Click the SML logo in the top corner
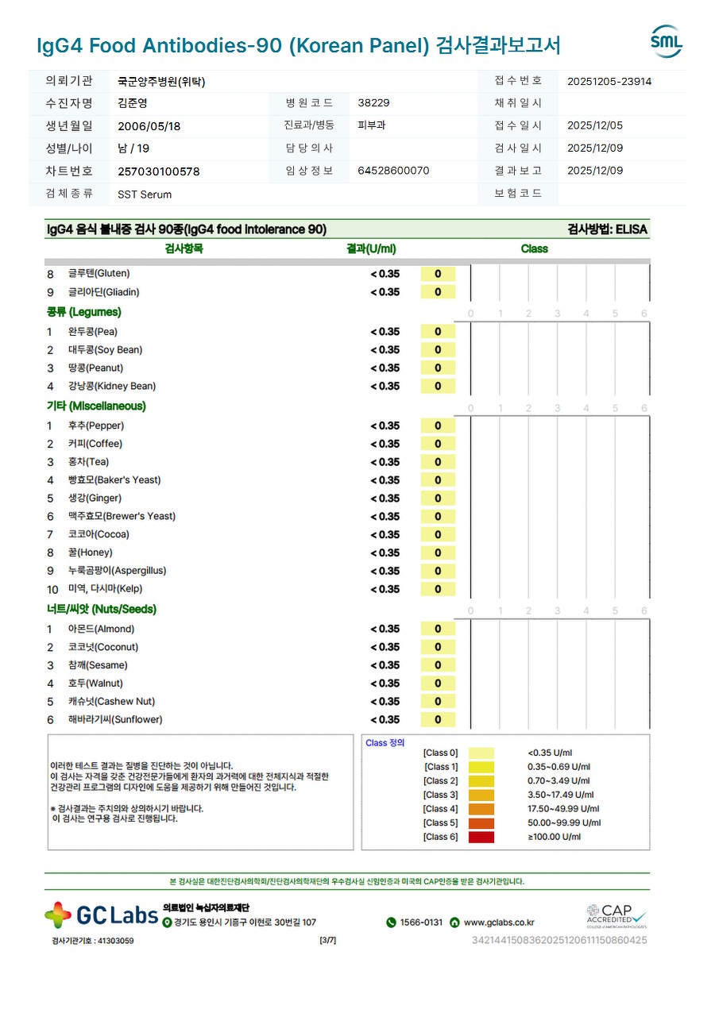[666, 41]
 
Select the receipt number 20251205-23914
[609, 81]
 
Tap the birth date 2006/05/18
[149, 126]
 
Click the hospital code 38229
[373, 103]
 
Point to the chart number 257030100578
[159, 171]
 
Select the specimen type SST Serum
[145, 194]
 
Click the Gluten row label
[99, 274]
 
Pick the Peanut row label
[95, 368]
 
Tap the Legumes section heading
[84, 313]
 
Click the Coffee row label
[95, 444]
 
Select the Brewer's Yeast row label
[122, 517]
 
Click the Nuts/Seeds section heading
[101, 610]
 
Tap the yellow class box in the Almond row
[438, 630]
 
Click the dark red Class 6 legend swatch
[481, 837]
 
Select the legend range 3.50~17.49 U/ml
[561, 795]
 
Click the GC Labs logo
[102, 915]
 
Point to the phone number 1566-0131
[421, 922]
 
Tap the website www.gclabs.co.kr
[499, 922]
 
